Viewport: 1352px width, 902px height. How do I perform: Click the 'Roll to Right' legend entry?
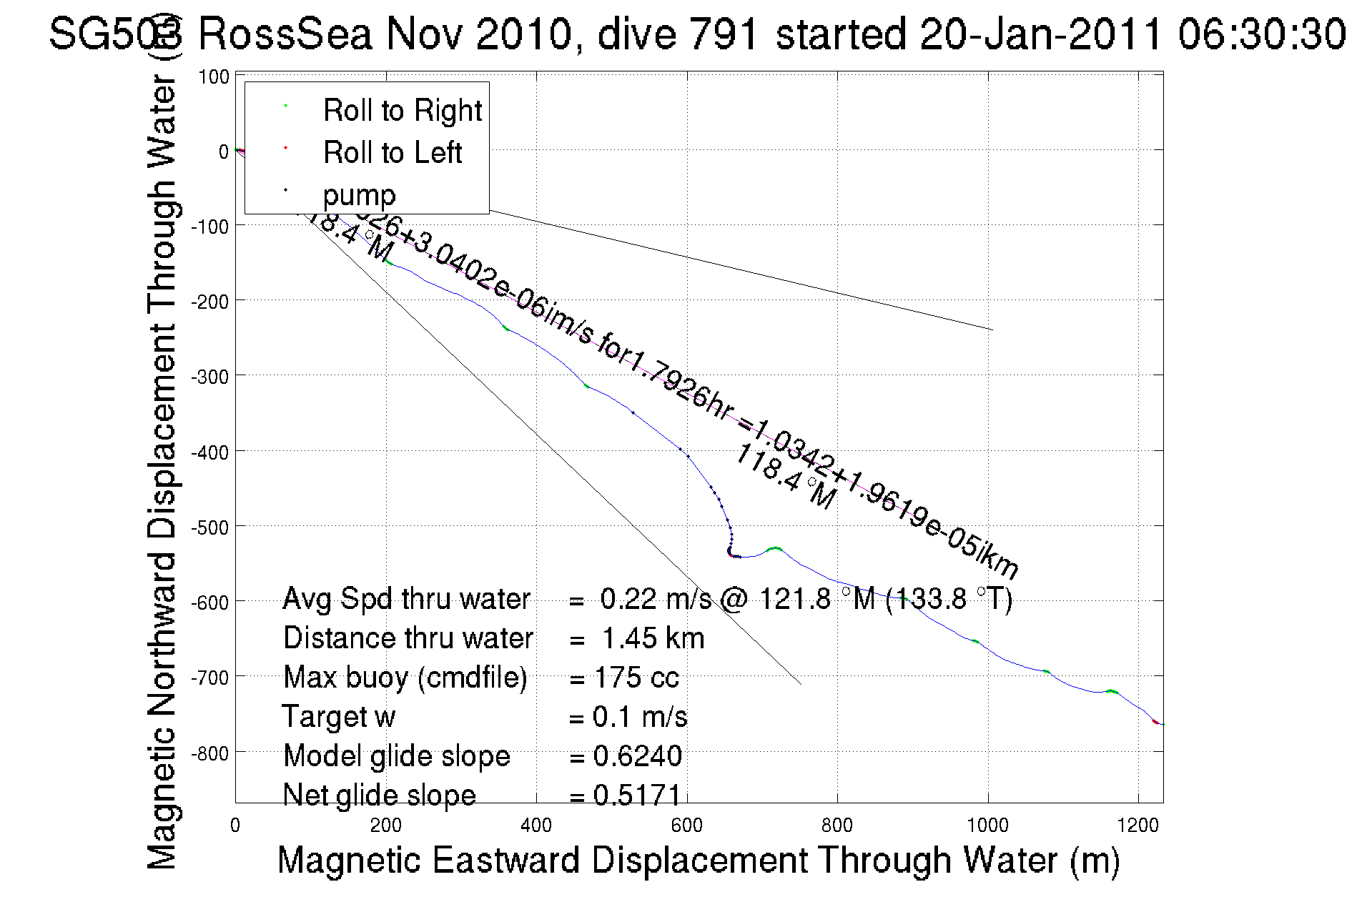click(x=402, y=111)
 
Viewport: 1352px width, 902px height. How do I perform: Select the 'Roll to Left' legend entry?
click(x=392, y=153)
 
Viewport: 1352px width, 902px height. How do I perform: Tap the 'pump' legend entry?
click(x=359, y=195)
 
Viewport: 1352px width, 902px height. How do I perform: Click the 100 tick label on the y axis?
click(x=214, y=77)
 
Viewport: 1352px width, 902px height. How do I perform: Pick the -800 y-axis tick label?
click(x=210, y=753)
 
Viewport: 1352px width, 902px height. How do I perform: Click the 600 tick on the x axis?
click(x=686, y=826)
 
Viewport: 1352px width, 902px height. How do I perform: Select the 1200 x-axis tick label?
click(x=1138, y=826)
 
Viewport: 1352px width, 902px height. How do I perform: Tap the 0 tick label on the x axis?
click(x=235, y=826)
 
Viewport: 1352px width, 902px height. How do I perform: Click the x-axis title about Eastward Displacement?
click(x=698, y=860)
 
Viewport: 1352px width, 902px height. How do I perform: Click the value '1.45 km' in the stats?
click(x=653, y=638)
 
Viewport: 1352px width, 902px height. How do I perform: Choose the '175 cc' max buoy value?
click(x=636, y=678)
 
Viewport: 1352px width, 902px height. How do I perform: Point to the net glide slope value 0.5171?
click(x=637, y=796)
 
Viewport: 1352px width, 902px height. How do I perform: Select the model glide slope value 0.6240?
click(x=637, y=756)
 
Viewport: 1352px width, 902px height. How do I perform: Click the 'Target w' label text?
click(x=339, y=717)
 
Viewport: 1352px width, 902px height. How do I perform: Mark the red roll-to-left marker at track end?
click(x=1155, y=722)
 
